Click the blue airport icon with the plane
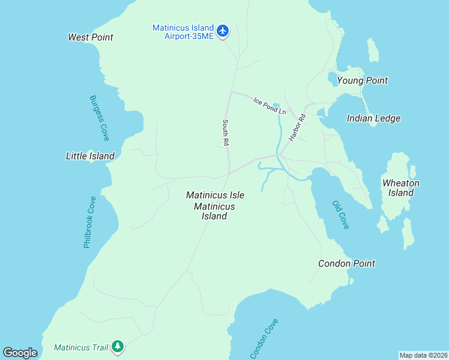(x=223, y=31)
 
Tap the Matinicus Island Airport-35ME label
(x=183, y=32)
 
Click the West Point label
(x=91, y=37)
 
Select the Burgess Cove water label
(x=99, y=118)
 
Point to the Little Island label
(x=90, y=156)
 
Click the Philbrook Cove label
(x=90, y=222)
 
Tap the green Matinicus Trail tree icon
(x=118, y=347)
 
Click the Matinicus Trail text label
(x=80, y=347)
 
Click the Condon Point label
(x=346, y=263)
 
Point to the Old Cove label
(x=340, y=214)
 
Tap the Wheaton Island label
(x=400, y=188)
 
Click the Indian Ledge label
(x=373, y=118)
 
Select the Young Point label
(x=362, y=80)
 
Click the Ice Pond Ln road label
(x=270, y=106)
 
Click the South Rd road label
(x=226, y=133)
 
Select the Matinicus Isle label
(x=215, y=195)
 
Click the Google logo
(x=20, y=353)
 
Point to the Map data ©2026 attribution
(x=423, y=355)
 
